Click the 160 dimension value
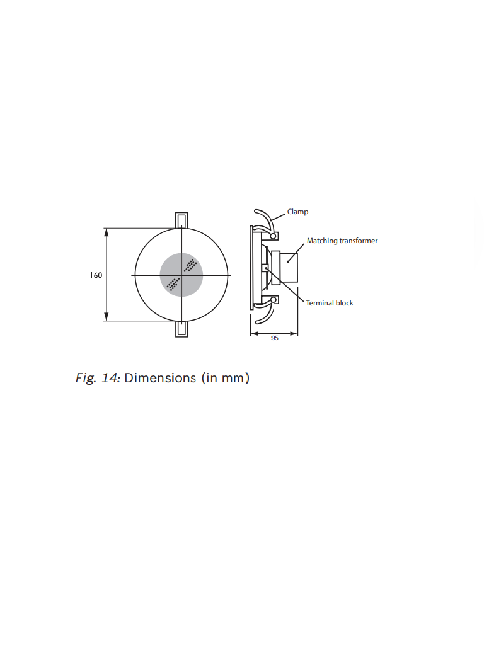point(96,275)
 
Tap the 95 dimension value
point(275,338)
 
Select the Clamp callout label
point(297,212)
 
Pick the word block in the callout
point(344,303)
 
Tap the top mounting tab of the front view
point(181,220)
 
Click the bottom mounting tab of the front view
point(181,329)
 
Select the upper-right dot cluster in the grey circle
point(190,265)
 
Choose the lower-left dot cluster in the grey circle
point(173,284)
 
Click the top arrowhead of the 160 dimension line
point(107,232)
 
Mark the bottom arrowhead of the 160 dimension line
point(107,317)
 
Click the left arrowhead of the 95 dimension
point(255,334)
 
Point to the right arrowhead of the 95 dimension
point(294,334)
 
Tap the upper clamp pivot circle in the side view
point(273,236)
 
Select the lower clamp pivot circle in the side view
point(273,300)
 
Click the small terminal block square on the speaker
point(265,268)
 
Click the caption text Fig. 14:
point(98,378)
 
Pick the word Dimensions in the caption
point(160,378)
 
